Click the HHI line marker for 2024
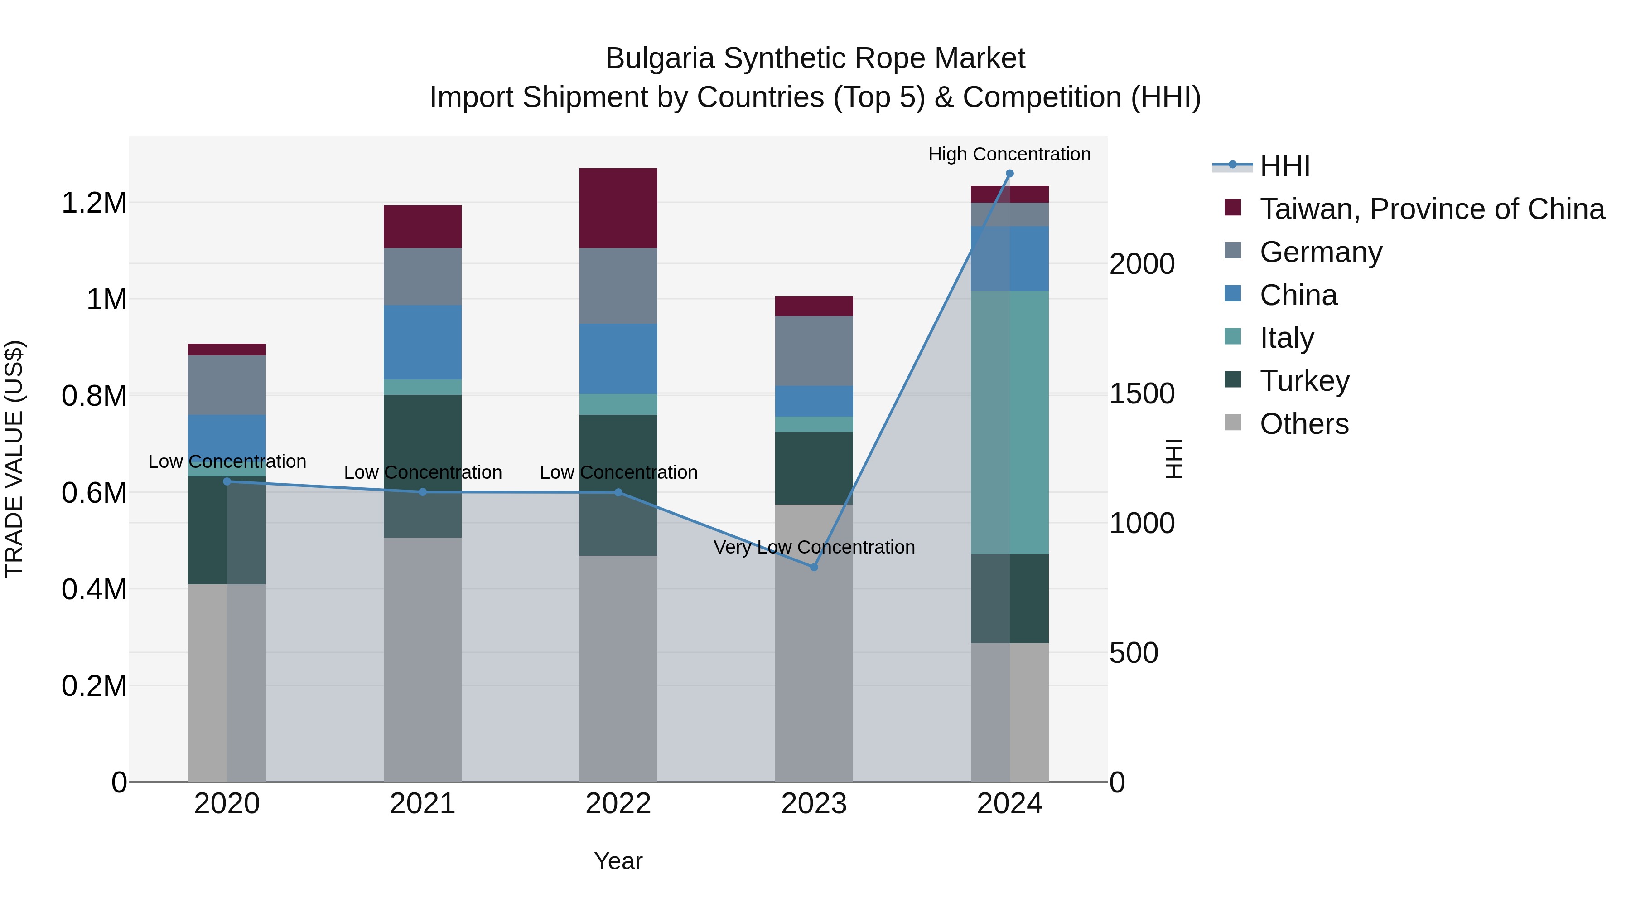point(1009,174)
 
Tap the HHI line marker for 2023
point(814,567)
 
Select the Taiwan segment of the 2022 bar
point(618,208)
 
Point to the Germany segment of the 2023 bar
point(814,350)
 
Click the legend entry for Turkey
point(1304,381)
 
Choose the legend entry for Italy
point(1287,338)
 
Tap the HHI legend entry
point(1284,166)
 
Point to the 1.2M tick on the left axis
point(94,204)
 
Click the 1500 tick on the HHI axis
point(1142,393)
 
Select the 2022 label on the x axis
point(618,804)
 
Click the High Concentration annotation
point(1009,154)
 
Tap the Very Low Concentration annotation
point(814,547)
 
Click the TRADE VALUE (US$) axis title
point(14,459)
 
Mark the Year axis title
point(618,861)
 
